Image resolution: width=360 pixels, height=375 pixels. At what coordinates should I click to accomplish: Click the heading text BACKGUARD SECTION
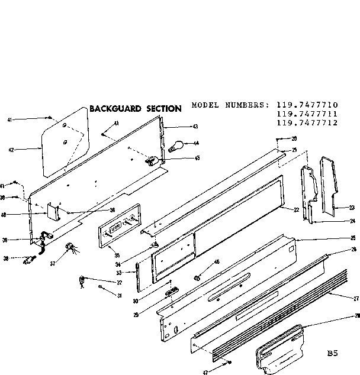click(x=135, y=109)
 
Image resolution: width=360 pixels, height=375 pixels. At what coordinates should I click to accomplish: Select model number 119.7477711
click(x=306, y=114)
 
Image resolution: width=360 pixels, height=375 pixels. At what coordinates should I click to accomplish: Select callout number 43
click(x=195, y=127)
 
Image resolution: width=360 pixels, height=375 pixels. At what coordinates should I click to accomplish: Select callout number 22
click(x=296, y=210)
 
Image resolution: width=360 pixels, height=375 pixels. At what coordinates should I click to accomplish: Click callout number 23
click(x=352, y=208)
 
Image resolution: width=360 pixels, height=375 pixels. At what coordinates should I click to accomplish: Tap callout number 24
click(x=352, y=221)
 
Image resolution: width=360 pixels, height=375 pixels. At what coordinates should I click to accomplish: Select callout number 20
click(x=294, y=138)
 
